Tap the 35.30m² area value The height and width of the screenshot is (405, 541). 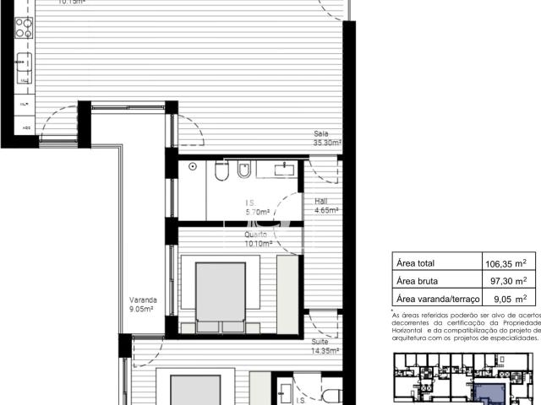(327, 143)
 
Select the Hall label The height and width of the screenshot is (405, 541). (321, 202)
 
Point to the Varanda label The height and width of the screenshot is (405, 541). (140, 300)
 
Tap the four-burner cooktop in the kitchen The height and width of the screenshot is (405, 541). (22, 26)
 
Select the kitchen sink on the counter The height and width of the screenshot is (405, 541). (23, 63)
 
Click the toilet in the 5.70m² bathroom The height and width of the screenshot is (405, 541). (221, 172)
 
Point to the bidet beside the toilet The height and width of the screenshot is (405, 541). (243, 172)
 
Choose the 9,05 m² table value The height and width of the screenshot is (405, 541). (510, 298)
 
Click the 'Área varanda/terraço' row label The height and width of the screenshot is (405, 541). (438, 298)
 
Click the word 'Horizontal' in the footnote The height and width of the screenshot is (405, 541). (412, 329)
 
